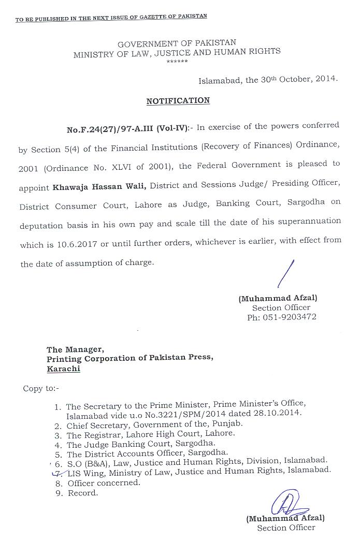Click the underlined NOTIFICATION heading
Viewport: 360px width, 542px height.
178,100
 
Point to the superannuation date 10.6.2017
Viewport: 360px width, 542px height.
78,244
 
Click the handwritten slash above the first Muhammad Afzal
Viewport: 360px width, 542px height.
286,274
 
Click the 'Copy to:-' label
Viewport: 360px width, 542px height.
41,388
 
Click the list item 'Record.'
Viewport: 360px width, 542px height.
82,493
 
